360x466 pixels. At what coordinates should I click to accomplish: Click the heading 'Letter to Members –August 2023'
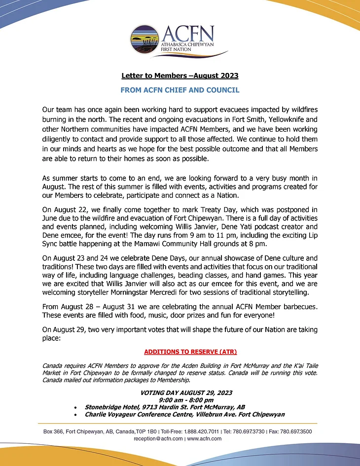(x=180, y=75)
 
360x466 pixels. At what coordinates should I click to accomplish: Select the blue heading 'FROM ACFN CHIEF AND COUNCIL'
(x=180, y=90)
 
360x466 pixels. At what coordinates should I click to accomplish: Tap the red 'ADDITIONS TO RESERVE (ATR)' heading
(x=190, y=352)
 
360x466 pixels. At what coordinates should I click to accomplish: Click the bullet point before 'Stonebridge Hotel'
(x=74, y=408)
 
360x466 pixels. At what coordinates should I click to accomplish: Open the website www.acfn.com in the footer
(x=204, y=438)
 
